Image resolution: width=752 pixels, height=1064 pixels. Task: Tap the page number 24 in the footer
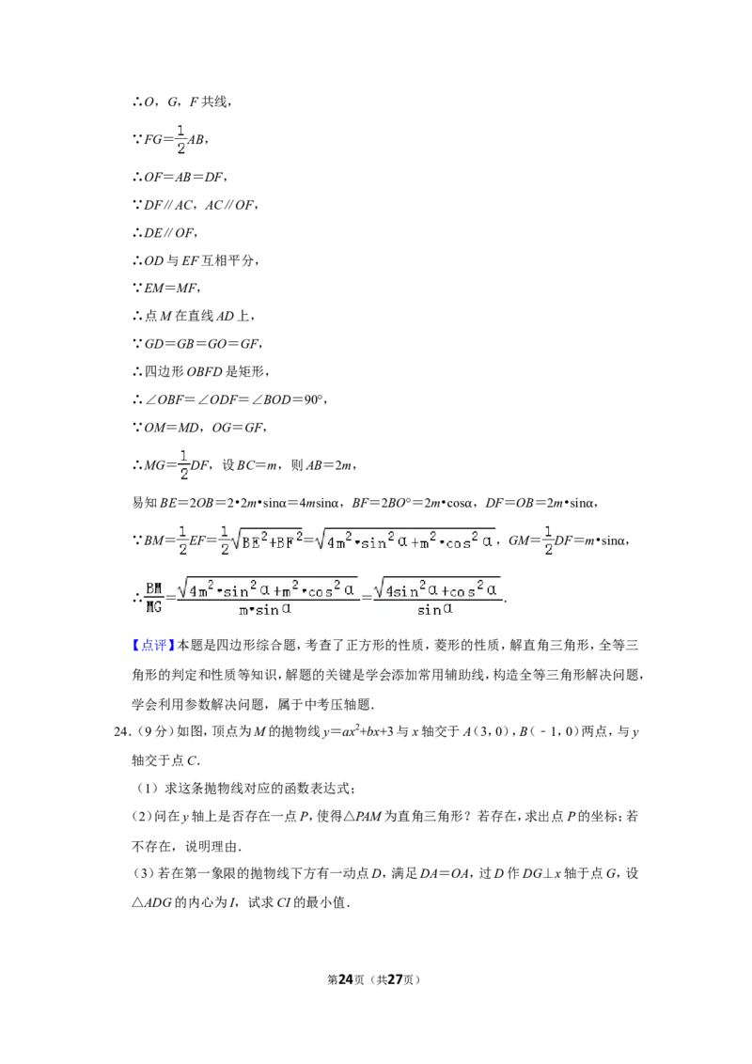click(x=346, y=979)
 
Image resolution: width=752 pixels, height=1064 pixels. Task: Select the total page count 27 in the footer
click(x=395, y=979)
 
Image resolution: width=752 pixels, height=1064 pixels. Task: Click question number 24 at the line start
click(x=121, y=731)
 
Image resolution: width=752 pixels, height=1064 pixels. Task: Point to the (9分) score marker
click(x=152, y=731)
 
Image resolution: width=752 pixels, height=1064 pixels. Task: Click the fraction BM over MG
click(x=154, y=597)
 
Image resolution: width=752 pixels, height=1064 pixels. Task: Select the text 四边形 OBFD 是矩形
click(x=204, y=372)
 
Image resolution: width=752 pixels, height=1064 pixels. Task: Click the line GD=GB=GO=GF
click(x=203, y=344)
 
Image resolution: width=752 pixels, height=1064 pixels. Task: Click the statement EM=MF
click(x=171, y=289)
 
